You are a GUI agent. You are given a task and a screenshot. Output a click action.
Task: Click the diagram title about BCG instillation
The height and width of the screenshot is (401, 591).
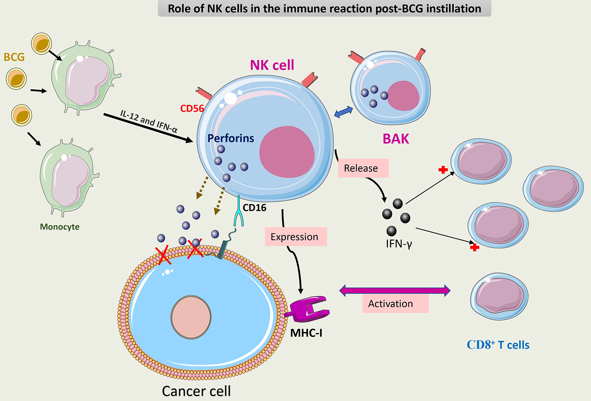click(x=324, y=9)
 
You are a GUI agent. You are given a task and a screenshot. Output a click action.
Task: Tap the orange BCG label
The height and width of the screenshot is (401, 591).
click(x=14, y=57)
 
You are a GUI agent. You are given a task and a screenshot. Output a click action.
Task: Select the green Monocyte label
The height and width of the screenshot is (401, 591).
click(x=59, y=227)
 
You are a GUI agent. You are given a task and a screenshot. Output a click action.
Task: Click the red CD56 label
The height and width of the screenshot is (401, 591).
click(x=192, y=109)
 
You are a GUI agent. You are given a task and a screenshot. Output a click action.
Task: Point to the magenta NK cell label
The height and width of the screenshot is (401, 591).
click(x=272, y=65)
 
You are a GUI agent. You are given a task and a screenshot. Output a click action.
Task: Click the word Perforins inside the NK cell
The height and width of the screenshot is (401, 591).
click(x=231, y=138)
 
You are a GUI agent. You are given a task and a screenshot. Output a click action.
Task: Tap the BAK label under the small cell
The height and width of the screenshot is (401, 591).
click(x=396, y=139)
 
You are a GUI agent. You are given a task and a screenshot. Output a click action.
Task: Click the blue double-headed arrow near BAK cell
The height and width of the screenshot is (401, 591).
click(x=343, y=112)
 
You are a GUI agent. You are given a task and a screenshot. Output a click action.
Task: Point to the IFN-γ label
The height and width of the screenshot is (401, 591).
click(x=399, y=244)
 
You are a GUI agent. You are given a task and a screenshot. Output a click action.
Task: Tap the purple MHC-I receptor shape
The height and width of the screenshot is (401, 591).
click(x=308, y=309)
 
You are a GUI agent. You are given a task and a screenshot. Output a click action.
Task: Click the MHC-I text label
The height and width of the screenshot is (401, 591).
click(x=306, y=333)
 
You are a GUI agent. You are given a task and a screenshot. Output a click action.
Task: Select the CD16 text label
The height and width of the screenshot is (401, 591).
click(x=254, y=208)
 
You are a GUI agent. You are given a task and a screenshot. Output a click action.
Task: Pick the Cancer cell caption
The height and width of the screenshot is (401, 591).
click(x=196, y=391)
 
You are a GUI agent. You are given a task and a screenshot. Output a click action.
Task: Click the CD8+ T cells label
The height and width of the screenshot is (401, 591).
click(x=498, y=345)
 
